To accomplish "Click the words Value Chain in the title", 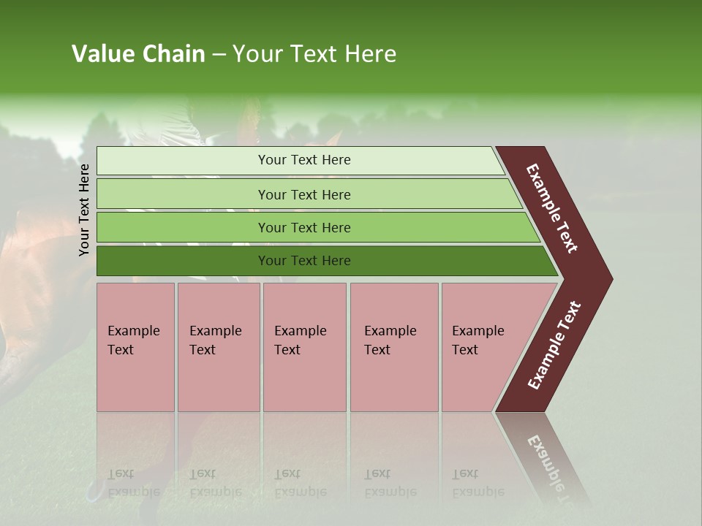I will click(x=138, y=54).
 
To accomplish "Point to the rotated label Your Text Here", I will click(x=84, y=210).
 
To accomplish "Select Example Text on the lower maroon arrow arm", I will click(x=554, y=345).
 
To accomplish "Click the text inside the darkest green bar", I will click(x=304, y=261).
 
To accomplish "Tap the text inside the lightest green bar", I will click(x=304, y=160).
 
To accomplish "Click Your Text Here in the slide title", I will click(x=314, y=54).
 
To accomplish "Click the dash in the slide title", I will click(x=219, y=55).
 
